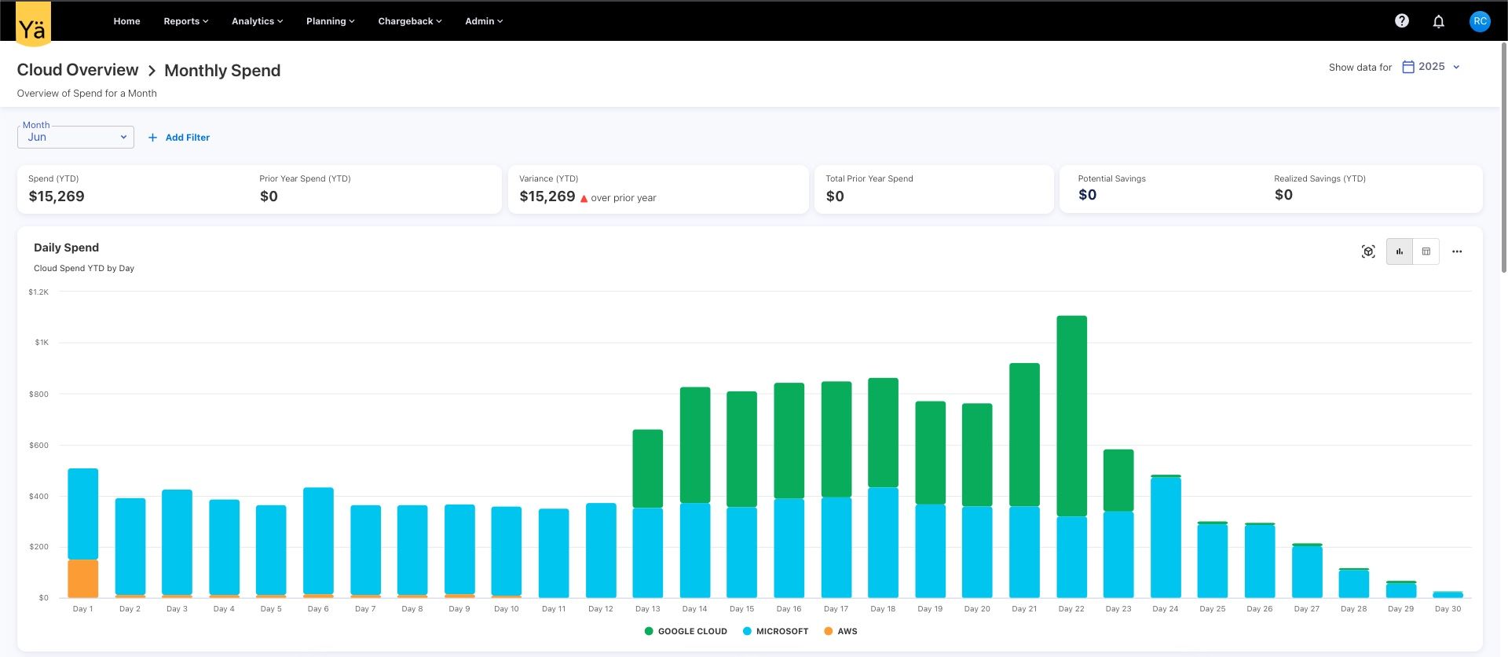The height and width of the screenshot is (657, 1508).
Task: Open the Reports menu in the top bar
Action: tap(185, 21)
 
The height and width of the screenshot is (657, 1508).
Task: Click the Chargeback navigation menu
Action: tap(409, 21)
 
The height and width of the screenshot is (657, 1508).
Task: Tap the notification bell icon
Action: tap(1438, 21)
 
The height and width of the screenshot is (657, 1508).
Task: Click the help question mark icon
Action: tap(1401, 21)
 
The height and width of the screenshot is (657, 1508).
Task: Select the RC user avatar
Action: tap(1480, 21)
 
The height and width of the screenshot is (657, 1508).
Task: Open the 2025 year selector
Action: tap(1432, 67)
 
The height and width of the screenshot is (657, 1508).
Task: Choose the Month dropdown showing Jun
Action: tap(75, 137)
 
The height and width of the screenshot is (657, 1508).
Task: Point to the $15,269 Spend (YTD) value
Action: tap(57, 196)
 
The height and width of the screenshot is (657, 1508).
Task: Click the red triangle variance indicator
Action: tap(584, 199)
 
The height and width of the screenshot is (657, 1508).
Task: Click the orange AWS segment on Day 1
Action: tap(83, 578)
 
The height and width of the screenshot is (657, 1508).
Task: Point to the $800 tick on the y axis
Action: tap(38, 394)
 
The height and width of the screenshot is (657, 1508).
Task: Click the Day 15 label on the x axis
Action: tap(741, 609)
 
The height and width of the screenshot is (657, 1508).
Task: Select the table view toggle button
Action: tap(1426, 251)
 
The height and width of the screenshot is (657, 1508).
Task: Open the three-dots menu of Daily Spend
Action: tap(1457, 251)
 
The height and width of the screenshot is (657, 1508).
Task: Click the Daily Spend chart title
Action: tap(66, 248)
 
